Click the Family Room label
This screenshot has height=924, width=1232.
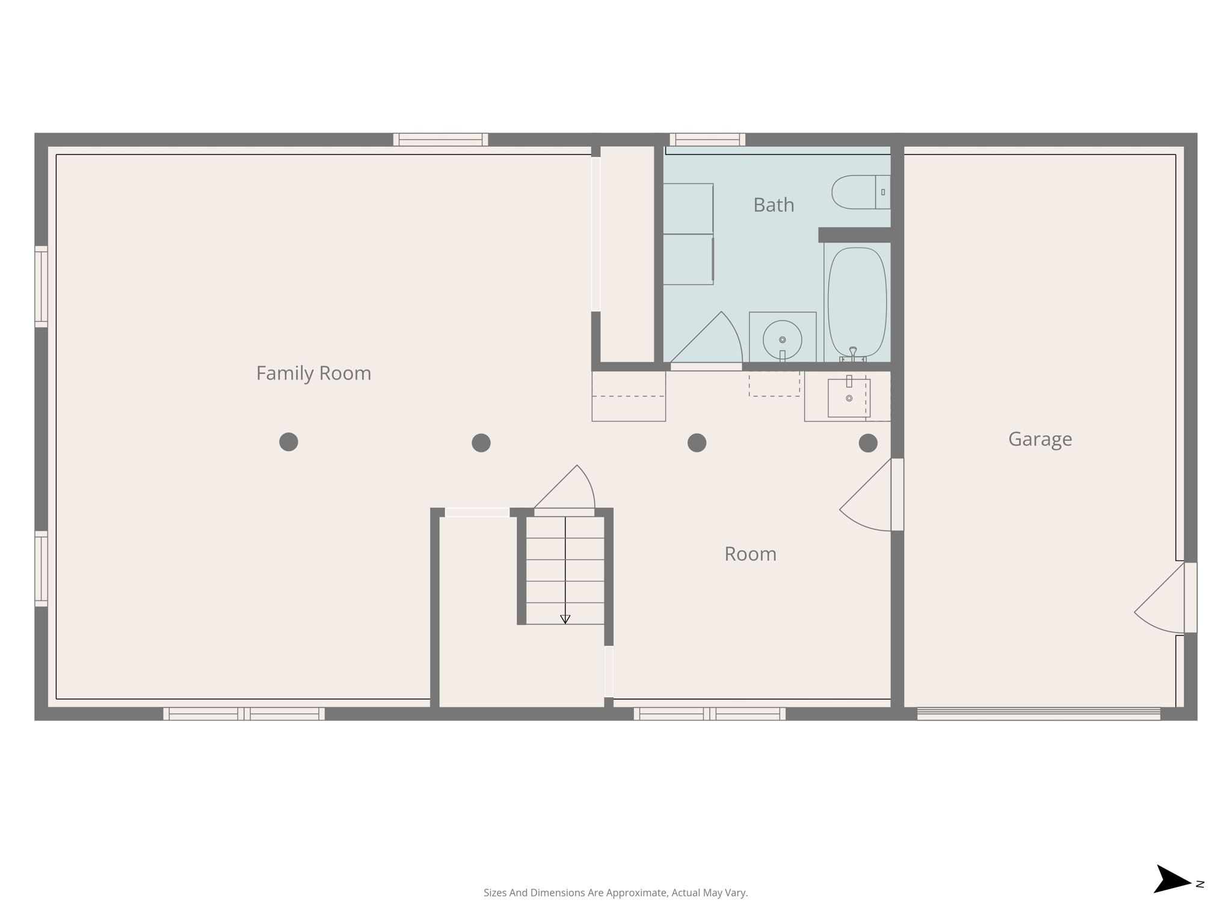313,374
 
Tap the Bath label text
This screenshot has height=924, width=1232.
774,205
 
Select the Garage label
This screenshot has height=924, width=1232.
1039,439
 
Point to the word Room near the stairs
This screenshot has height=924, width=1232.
750,554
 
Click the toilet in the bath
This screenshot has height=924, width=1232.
859,192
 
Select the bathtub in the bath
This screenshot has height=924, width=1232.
857,302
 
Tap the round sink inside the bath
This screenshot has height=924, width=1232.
782,339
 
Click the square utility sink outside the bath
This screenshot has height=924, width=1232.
849,398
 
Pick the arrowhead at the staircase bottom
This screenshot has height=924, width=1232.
565,619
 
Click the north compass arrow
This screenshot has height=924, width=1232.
1171,880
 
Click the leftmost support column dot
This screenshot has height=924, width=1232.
289,442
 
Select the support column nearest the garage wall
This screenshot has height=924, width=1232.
867,443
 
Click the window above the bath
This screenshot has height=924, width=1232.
707,140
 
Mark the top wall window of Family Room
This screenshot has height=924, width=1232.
440,140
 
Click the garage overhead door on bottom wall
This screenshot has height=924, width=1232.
1038,714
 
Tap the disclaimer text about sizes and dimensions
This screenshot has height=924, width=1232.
615,893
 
